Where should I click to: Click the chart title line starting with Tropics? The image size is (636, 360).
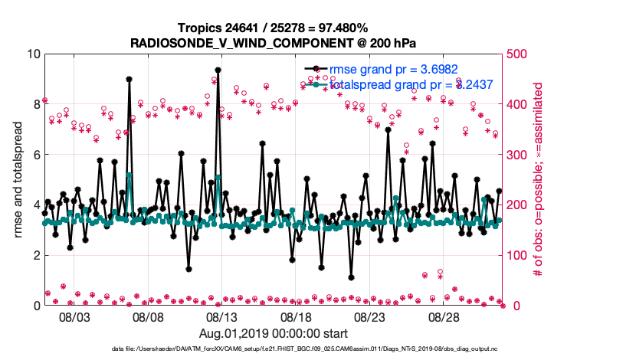(x=273, y=28)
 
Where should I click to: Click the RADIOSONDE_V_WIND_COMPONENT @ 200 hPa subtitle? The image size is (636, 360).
(x=273, y=41)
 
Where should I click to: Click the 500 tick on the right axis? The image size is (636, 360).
(x=517, y=54)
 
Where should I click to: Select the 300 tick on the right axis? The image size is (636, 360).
(x=517, y=155)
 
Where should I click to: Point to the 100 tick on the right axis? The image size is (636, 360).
(x=517, y=255)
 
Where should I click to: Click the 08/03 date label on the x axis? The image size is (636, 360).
(x=74, y=317)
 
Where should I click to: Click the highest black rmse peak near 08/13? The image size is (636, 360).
(x=218, y=70)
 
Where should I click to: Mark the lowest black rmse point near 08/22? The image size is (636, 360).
(x=351, y=277)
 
